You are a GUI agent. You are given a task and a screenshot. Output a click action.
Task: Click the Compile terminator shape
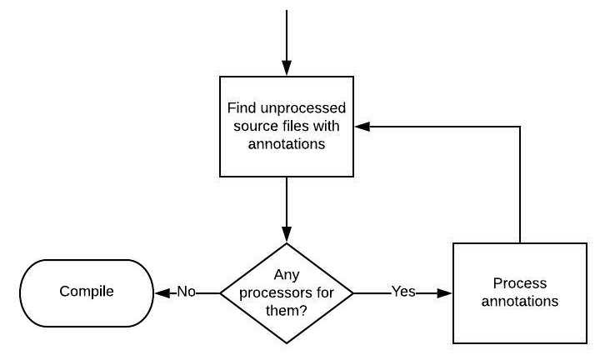(87, 292)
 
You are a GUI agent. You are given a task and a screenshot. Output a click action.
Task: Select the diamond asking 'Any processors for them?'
(286, 292)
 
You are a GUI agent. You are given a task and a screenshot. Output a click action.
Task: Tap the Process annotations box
(519, 292)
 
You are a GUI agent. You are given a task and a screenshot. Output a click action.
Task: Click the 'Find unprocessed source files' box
(286, 127)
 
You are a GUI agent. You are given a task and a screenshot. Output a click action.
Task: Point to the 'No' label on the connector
(185, 292)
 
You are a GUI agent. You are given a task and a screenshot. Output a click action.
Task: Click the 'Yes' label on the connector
(403, 292)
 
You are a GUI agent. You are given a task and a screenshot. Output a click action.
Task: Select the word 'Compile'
(87, 292)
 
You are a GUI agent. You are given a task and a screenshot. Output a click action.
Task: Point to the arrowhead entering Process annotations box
(445, 292)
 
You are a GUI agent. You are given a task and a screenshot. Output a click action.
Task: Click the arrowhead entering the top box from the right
(361, 127)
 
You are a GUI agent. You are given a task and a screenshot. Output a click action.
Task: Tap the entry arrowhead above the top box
(286, 69)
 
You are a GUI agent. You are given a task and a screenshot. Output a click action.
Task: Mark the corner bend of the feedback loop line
(519, 127)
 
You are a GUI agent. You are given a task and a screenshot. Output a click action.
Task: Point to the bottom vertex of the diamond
(286, 342)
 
